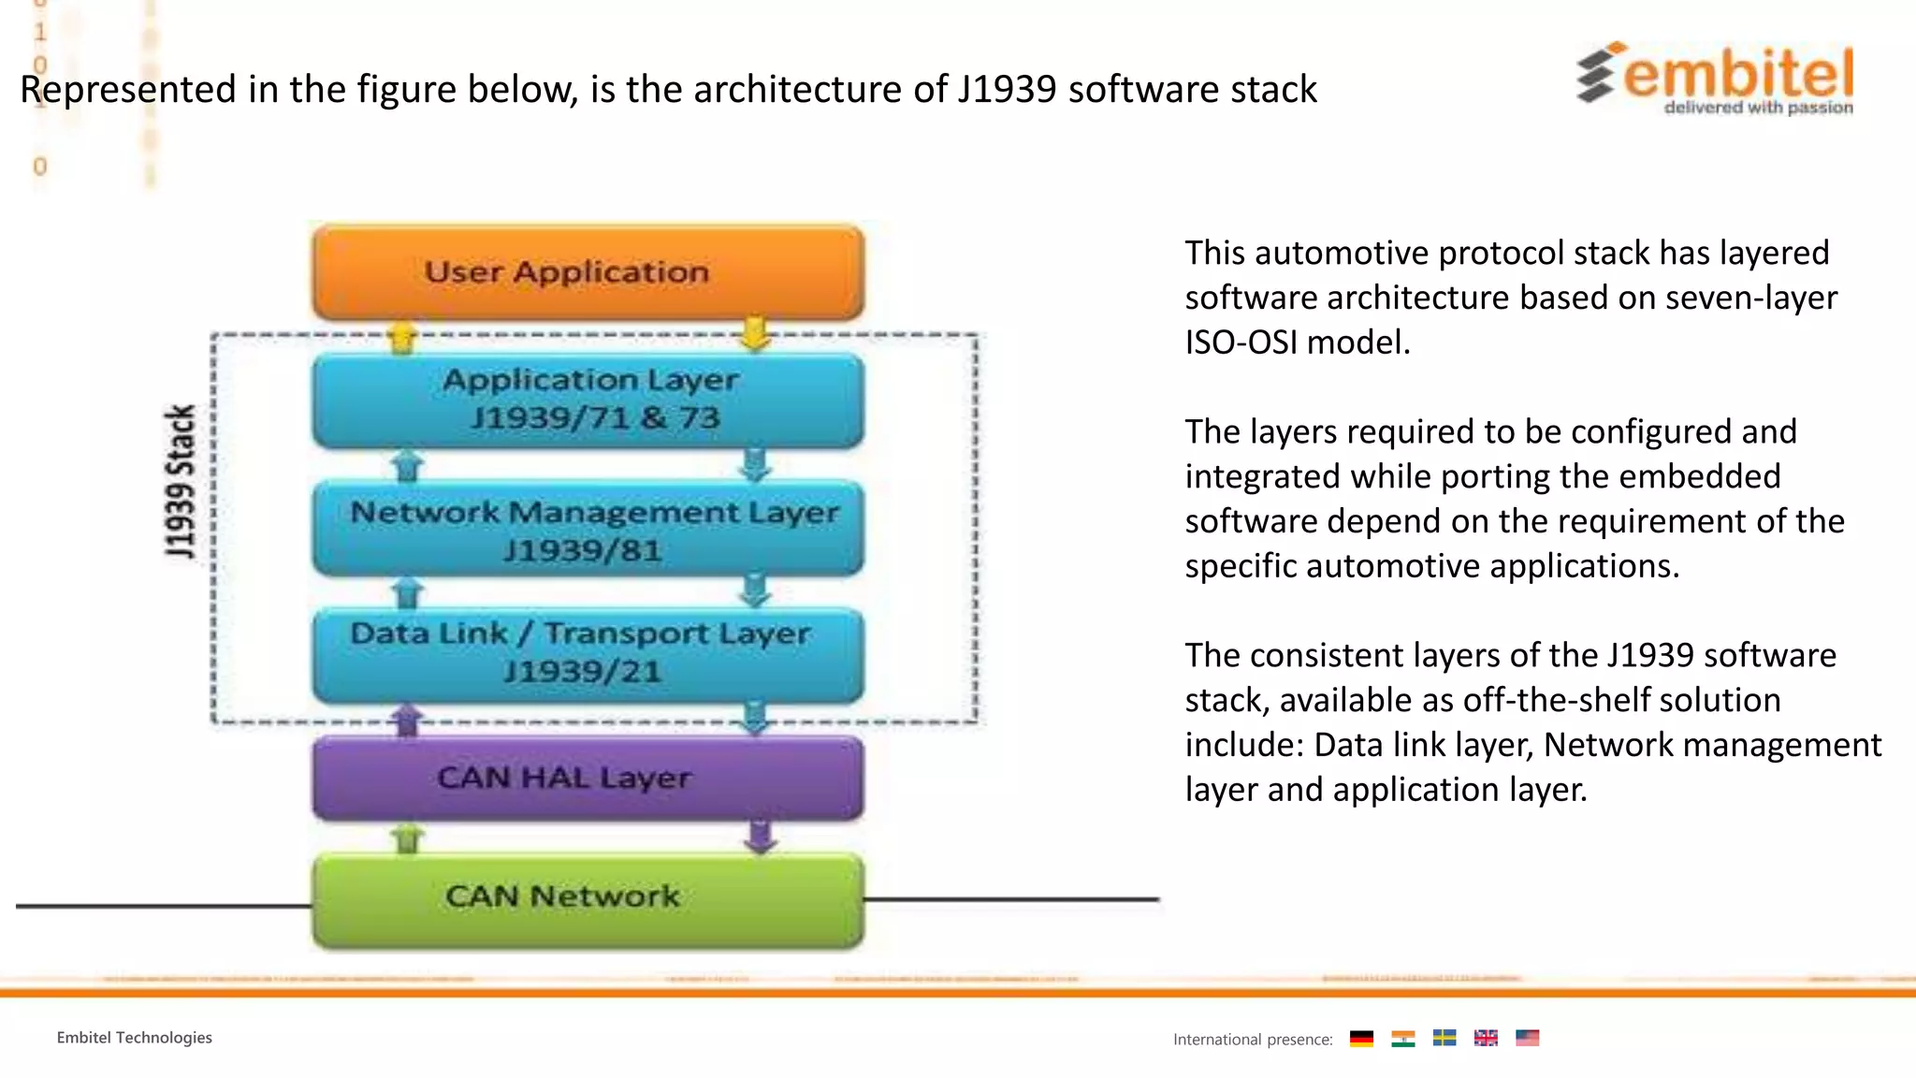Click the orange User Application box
pyautogui.click(x=588, y=272)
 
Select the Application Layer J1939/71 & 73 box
pyautogui.click(x=588, y=400)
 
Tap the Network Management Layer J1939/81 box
pyautogui.click(x=588, y=530)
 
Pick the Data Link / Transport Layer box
pyautogui.click(x=588, y=653)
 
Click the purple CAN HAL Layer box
pyautogui.click(x=588, y=778)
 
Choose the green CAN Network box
pyautogui.click(x=588, y=898)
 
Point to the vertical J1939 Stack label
pyautogui.click(x=180, y=482)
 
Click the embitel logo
pyautogui.click(x=1716, y=79)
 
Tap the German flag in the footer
pyautogui.click(x=1361, y=1038)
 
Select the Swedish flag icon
pyautogui.click(x=1444, y=1038)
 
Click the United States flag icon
pyautogui.click(x=1527, y=1038)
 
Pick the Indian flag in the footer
pyautogui.click(x=1402, y=1038)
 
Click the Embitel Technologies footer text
pyautogui.click(x=134, y=1038)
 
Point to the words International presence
pyautogui.click(x=1252, y=1040)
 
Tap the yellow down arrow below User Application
pyautogui.click(x=754, y=334)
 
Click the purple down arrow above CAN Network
pyautogui.click(x=761, y=836)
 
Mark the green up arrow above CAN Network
pyautogui.click(x=407, y=838)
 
